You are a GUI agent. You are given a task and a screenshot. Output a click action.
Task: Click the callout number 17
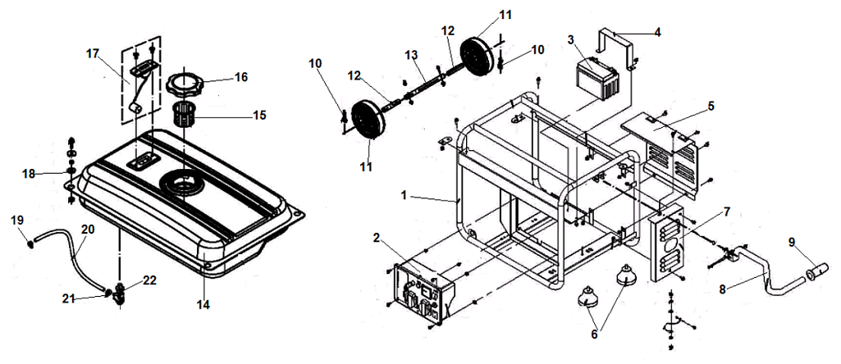click(92, 53)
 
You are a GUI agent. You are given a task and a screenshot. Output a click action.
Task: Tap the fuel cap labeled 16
click(186, 85)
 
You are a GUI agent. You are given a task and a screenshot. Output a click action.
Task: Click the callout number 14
click(203, 305)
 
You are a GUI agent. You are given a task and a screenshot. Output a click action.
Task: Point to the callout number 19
click(16, 219)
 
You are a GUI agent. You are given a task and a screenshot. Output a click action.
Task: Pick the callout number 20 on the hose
click(88, 230)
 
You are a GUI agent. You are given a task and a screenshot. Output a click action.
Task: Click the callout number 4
click(656, 32)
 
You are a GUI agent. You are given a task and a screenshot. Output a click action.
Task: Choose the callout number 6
click(595, 334)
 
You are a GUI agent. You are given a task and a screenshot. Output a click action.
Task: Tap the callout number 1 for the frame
click(404, 196)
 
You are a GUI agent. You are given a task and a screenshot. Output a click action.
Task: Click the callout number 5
click(712, 105)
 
